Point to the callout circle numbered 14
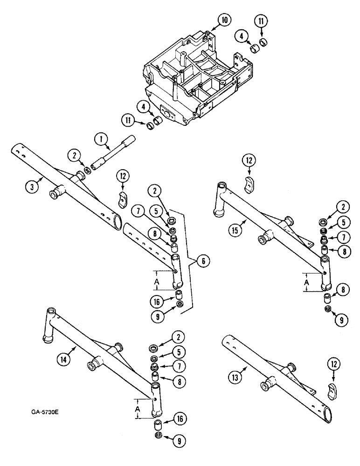click(x=66, y=359)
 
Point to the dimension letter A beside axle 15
click(x=306, y=282)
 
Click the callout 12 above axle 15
click(x=248, y=161)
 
